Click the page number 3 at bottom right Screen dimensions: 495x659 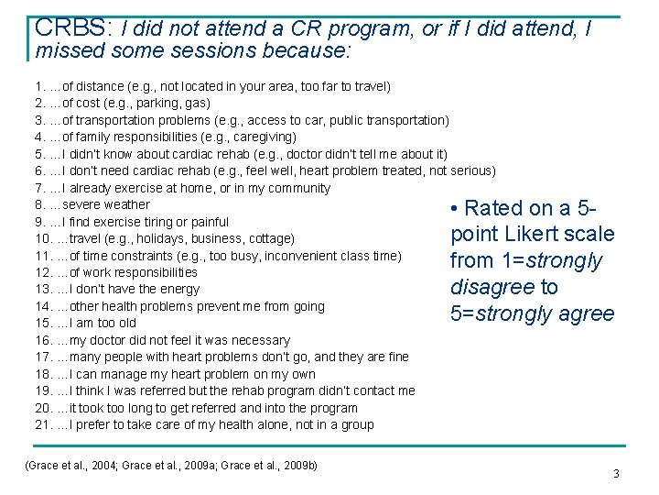click(616, 474)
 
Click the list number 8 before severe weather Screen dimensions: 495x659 click(39, 204)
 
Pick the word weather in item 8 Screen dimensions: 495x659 click(128, 204)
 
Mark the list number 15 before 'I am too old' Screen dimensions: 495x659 click(42, 323)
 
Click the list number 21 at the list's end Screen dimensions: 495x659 click(42, 424)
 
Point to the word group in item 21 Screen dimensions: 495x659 click(357, 424)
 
